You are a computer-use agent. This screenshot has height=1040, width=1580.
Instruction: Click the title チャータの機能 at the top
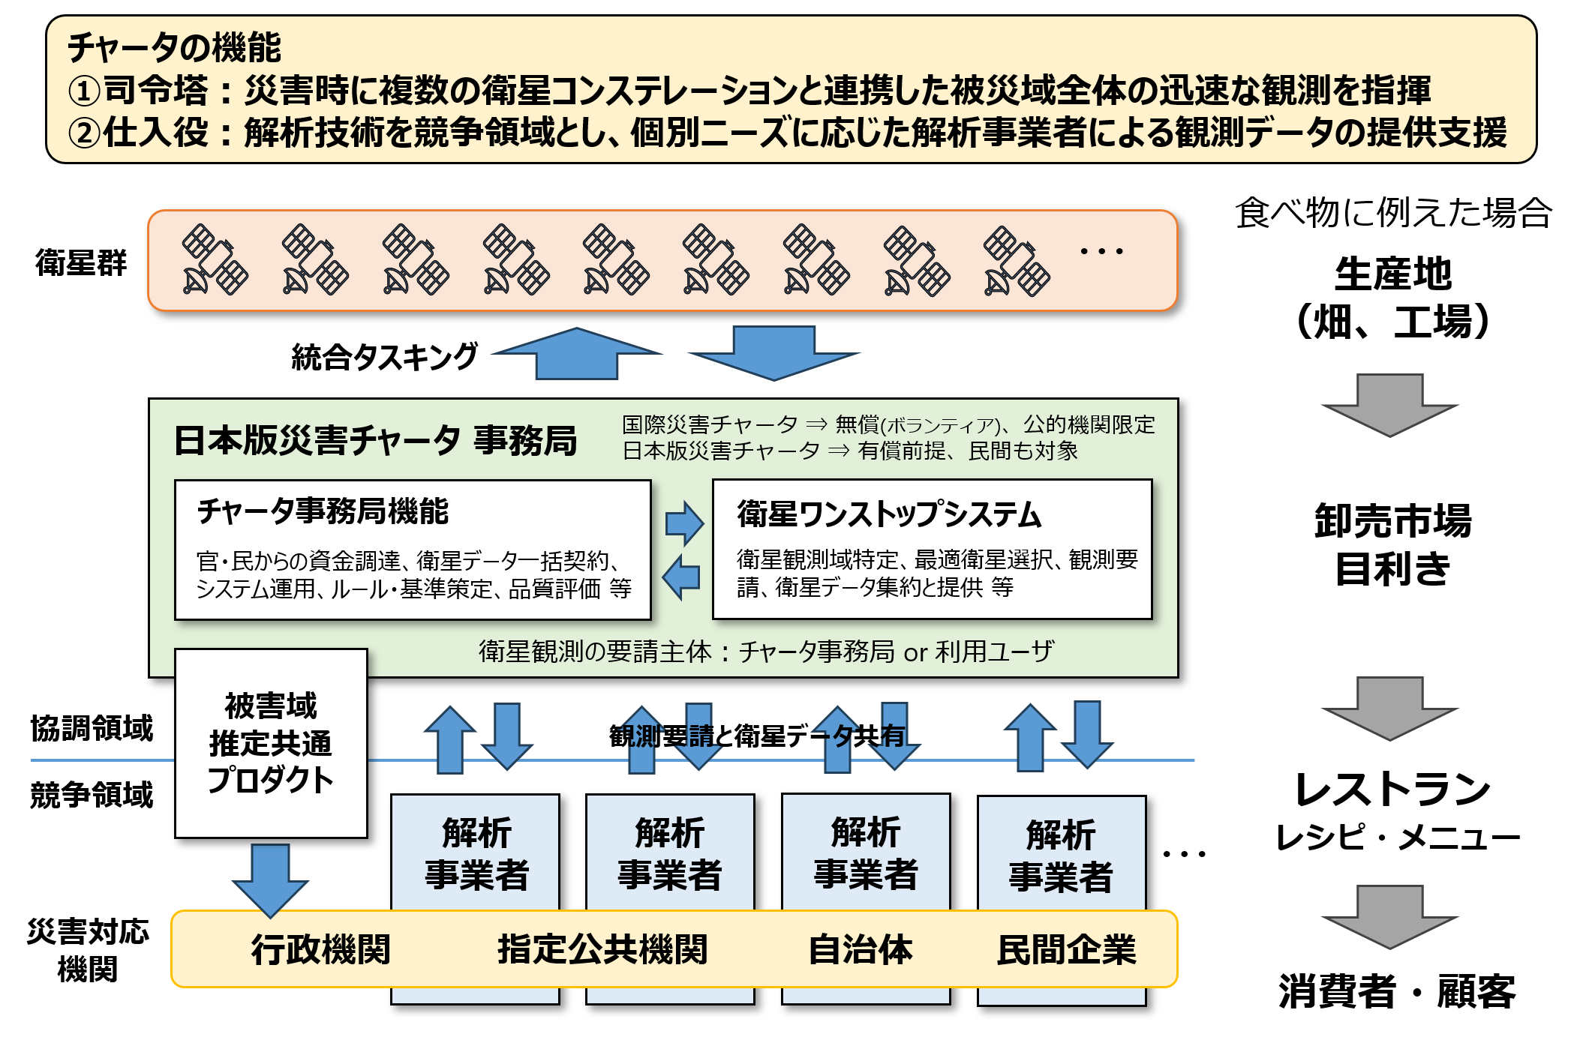174,47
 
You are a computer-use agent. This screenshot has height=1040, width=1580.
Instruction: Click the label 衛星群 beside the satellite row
81,263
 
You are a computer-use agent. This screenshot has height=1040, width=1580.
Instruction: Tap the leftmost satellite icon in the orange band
215,259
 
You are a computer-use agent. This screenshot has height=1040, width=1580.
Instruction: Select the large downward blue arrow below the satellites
773,352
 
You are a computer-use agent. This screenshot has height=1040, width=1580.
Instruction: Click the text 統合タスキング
384,357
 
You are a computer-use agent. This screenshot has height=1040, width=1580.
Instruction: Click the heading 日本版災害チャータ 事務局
375,440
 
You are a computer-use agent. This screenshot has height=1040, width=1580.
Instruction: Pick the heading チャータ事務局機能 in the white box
323,511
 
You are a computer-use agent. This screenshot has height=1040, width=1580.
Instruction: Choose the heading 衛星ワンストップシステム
889,514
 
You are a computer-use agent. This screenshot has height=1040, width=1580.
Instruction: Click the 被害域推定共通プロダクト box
271,743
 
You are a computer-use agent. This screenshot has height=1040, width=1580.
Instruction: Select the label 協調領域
92,728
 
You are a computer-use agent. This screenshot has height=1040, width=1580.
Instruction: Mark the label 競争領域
92,795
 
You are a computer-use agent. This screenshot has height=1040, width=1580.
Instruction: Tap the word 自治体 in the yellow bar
861,949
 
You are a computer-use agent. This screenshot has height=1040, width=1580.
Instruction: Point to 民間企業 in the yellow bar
1066,949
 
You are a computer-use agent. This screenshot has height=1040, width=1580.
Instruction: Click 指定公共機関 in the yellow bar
602,949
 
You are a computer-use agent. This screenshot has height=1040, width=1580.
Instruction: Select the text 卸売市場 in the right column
1392,520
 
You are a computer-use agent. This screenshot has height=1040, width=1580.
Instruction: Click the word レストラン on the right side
1392,789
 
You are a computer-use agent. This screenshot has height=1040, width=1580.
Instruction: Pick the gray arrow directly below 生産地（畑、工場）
1389,405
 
